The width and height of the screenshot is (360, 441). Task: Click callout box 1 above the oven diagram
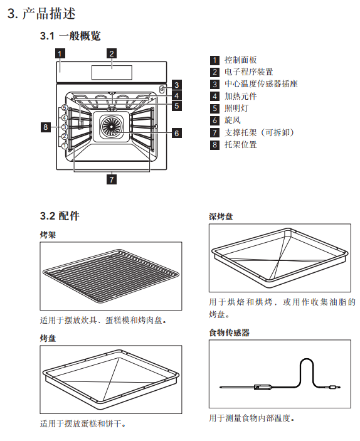pyautogui.click(x=60, y=53)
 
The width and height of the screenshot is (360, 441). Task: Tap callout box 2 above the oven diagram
pyautogui.click(x=112, y=53)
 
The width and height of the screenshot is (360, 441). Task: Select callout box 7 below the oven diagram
pyautogui.click(x=112, y=179)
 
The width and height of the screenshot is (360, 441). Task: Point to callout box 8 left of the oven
pyautogui.click(x=46, y=127)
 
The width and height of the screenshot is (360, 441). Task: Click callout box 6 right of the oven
pyautogui.click(x=177, y=133)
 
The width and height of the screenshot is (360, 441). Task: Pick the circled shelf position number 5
pyautogui.click(x=65, y=108)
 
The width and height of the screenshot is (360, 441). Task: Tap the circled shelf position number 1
pyautogui.click(x=65, y=146)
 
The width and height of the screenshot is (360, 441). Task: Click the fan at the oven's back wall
pyautogui.click(x=112, y=126)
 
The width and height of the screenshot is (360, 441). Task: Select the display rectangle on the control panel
pyautogui.click(x=112, y=72)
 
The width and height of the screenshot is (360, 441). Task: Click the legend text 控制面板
pyautogui.click(x=240, y=60)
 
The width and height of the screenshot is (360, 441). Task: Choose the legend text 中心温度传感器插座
pyautogui.click(x=261, y=84)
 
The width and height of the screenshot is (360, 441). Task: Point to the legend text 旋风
pyautogui.click(x=233, y=120)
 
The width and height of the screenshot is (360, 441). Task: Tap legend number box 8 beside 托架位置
pyautogui.click(x=214, y=145)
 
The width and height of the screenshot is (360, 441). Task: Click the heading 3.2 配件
pyautogui.click(x=60, y=216)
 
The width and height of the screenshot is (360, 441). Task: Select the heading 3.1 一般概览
pyautogui.click(x=70, y=36)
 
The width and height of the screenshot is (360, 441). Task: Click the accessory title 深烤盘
pyautogui.click(x=221, y=216)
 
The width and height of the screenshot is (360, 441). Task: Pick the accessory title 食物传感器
pyautogui.click(x=229, y=332)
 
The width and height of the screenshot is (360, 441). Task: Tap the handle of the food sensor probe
pyautogui.click(x=263, y=387)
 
